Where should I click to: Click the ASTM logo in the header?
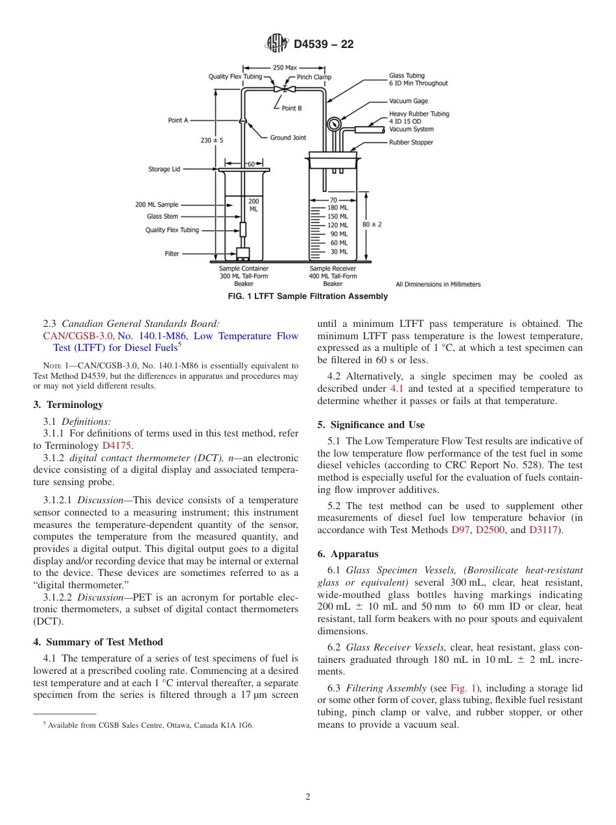(277, 44)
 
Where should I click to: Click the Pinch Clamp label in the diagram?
(314, 77)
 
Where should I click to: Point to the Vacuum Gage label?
(409, 101)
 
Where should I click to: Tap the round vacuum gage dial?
(334, 123)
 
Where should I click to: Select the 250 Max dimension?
(285, 67)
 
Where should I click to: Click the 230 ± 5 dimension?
(212, 140)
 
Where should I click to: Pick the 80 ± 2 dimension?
(372, 224)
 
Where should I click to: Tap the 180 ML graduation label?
(338, 208)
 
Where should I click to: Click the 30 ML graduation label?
(338, 252)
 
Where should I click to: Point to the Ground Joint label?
(288, 137)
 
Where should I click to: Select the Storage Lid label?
(164, 170)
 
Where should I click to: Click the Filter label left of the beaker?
(171, 254)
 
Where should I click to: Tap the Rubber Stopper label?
(411, 143)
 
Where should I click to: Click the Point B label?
(291, 108)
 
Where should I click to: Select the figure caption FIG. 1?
(308, 296)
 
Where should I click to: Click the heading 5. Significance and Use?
(371, 425)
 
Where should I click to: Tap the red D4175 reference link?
(117, 446)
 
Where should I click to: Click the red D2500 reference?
(489, 531)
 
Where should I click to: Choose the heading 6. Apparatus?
(348, 554)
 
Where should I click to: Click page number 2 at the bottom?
(308, 797)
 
